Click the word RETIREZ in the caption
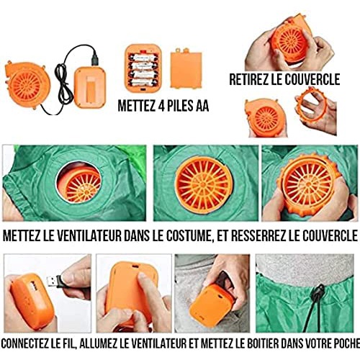point(248,79)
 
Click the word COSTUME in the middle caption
point(189,236)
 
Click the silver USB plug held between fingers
point(53,282)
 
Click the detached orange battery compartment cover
point(186,68)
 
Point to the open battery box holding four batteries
point(143,68)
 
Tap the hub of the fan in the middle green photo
point(203,184)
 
